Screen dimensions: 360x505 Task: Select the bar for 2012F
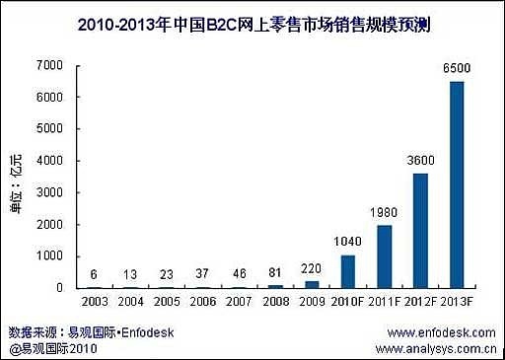tap(419, 231)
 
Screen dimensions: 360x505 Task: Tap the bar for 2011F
tap(383, 256)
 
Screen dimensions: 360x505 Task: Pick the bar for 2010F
tap(346, 271)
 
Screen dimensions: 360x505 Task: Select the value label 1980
tap(383, 213)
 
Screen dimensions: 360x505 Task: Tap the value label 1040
tap(346, 243)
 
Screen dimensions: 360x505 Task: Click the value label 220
tap(311, 268)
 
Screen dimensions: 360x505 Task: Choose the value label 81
tap(275, 273)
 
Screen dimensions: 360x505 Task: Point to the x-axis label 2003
tap(95, 302)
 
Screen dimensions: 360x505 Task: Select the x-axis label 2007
tap(239, 302)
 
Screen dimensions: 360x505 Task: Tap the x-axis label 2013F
tap(457, 302)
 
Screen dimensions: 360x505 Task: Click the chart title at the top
tap(252, 23)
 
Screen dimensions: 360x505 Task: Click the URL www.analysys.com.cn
tap(435, 348)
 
